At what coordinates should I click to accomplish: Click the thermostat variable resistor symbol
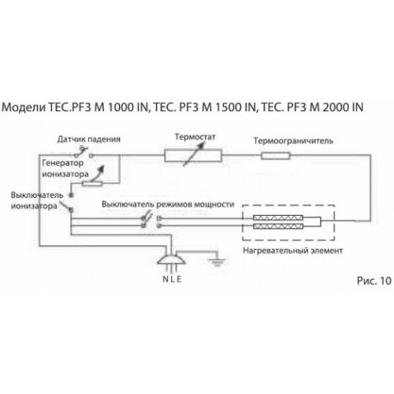[x=193, y=155]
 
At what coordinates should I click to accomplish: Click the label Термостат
[x=195, y=137]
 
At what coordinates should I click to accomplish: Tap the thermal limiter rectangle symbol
[x=276, y=156]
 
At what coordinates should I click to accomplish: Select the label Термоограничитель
[x=293, y=141]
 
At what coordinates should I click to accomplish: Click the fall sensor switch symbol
[x=84, y=152]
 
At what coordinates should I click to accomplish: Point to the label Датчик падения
[x=89, y=139]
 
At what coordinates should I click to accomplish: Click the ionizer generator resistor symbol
[x=92, y=184]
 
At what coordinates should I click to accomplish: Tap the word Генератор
[x=62, y=163]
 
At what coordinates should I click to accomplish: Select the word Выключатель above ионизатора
[x=37, y=195]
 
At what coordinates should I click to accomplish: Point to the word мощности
[x=214, y=204]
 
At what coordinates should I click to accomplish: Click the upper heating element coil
[x=278, y=217]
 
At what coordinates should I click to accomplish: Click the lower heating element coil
[x=278, y=226]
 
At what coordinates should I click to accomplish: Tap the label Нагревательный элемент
[x=292, y=251]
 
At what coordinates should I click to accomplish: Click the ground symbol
[x=217, y=262]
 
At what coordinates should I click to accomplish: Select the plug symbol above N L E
[x=172, y=260]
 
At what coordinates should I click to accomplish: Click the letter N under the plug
[x=165, y=279]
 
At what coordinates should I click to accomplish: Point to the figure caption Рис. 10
[x=374, y=281]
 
